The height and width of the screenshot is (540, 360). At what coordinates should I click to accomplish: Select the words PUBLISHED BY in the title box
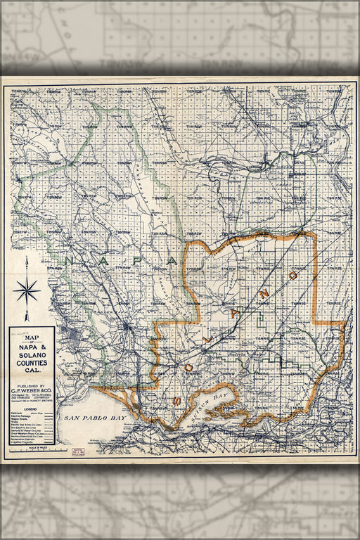pos(32,386)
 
